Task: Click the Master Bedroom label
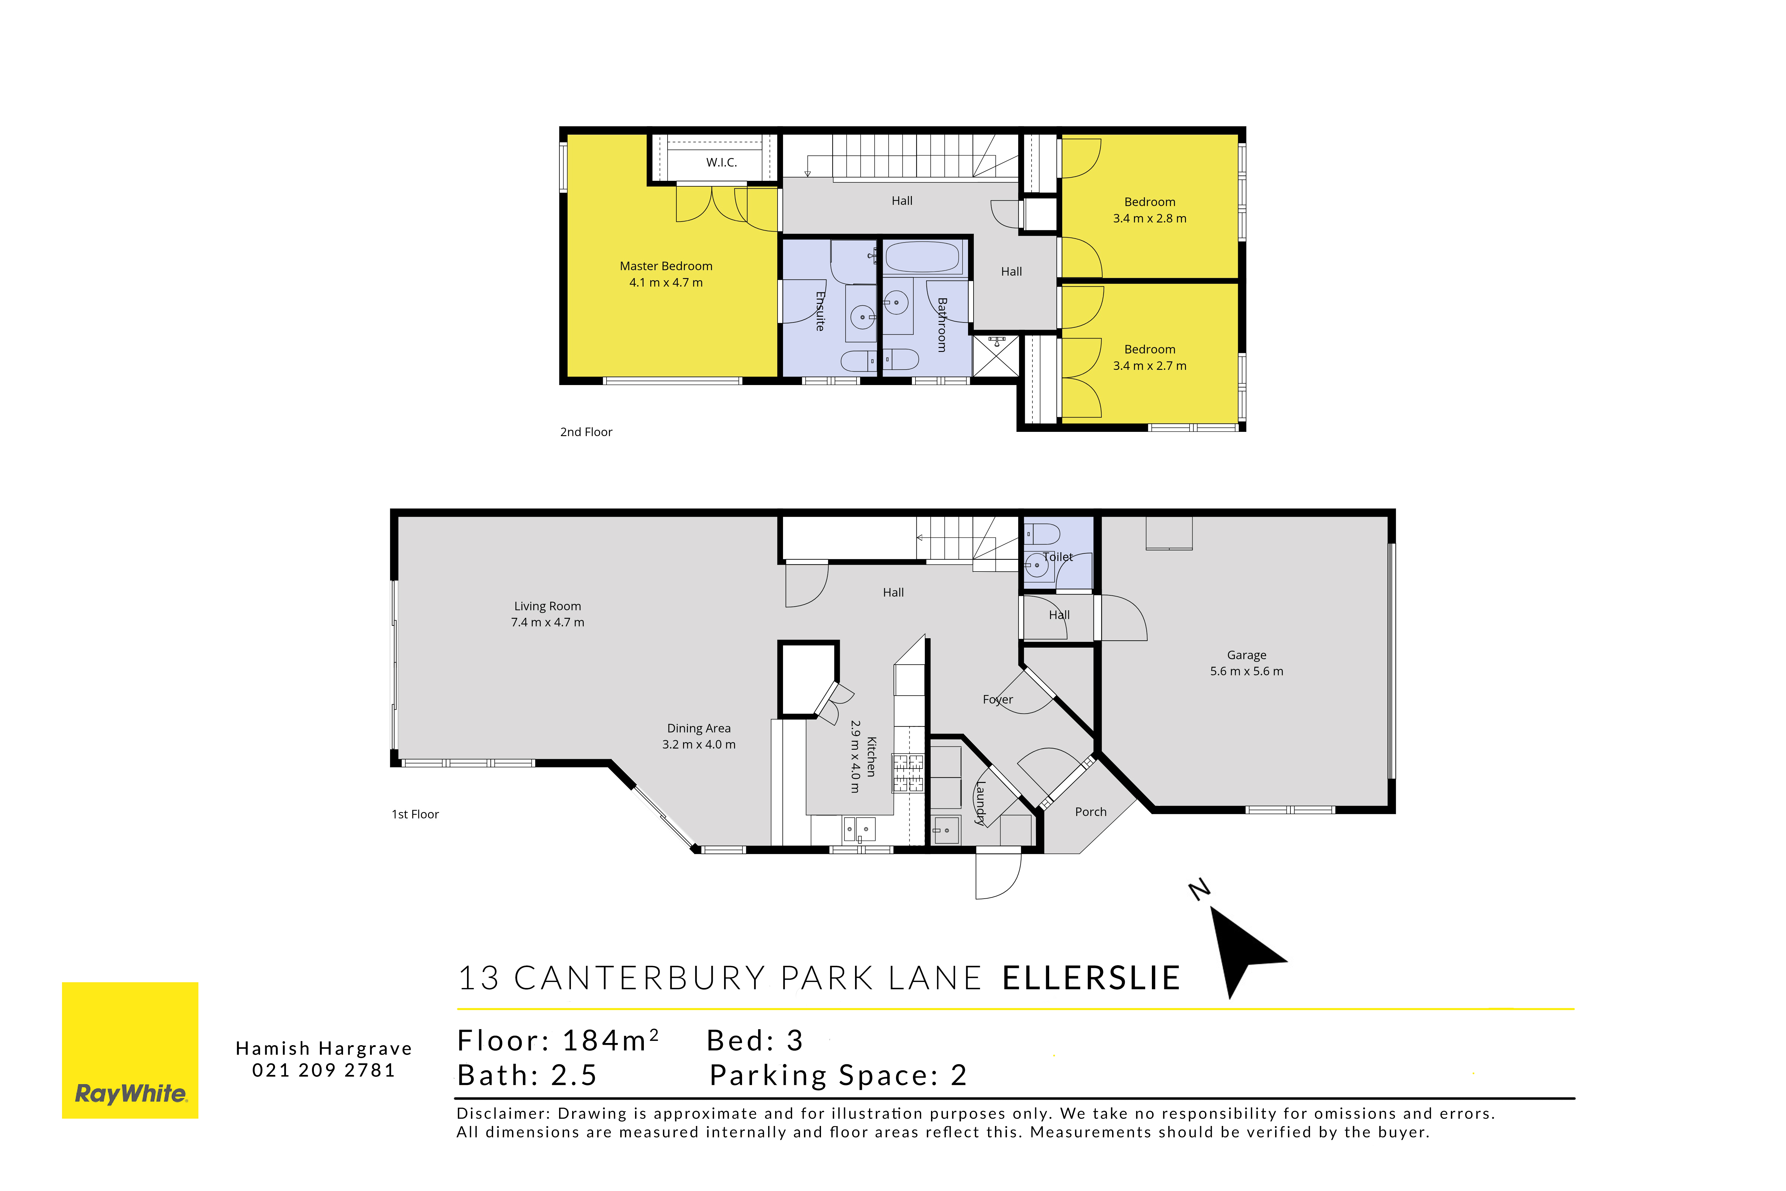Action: (x=666, y=266)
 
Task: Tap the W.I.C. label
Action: (x=721, y=163)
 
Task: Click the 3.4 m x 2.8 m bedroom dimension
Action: (x=1150, y=218)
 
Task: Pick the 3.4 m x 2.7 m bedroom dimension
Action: (x=1150, y=365)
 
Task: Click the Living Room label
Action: (x=548, y=606)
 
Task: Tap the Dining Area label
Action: (x=699, y=728)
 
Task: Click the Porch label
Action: (x=1090, y=812)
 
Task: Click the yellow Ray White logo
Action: (x=130, y=1051)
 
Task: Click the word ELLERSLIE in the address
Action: (x=1091, y=978)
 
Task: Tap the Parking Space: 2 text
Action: (x=838, y=1076)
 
